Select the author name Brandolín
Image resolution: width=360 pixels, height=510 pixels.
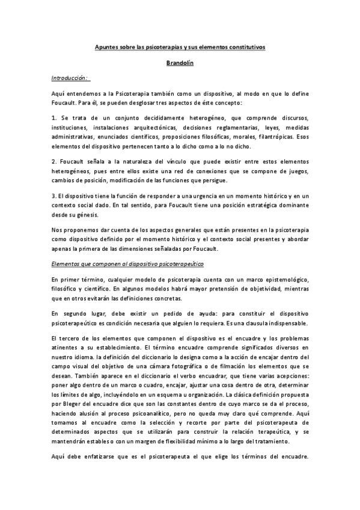(x=180, y=62)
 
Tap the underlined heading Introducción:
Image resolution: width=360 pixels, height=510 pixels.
(x=70, y=78)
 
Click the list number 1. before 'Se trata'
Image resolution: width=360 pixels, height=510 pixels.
(x=53, y=118)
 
